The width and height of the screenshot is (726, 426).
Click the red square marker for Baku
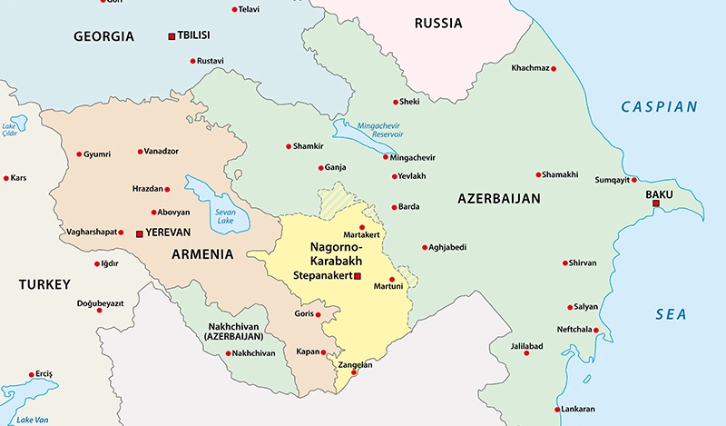(655, 203)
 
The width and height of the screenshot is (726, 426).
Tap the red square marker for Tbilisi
(172, 36)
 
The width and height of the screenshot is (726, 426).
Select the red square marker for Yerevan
(139, 233)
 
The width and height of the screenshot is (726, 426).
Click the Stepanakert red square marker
(358, 276)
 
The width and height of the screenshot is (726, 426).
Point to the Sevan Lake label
(225, 216)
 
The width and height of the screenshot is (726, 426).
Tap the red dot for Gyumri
(79, 154)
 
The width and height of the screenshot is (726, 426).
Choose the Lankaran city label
(577, 410)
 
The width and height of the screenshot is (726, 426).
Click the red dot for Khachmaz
(554, 68)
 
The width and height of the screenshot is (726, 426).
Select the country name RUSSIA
(438, 24)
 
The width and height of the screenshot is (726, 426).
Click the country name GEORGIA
(103, 37)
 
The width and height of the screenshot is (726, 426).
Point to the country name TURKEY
(44, 284)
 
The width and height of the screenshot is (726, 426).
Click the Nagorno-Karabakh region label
(336, 254)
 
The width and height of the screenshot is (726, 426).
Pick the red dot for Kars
(6, 178)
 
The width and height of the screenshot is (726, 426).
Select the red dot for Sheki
(395, 102)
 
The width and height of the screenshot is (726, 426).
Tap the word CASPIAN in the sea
(659, 107)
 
